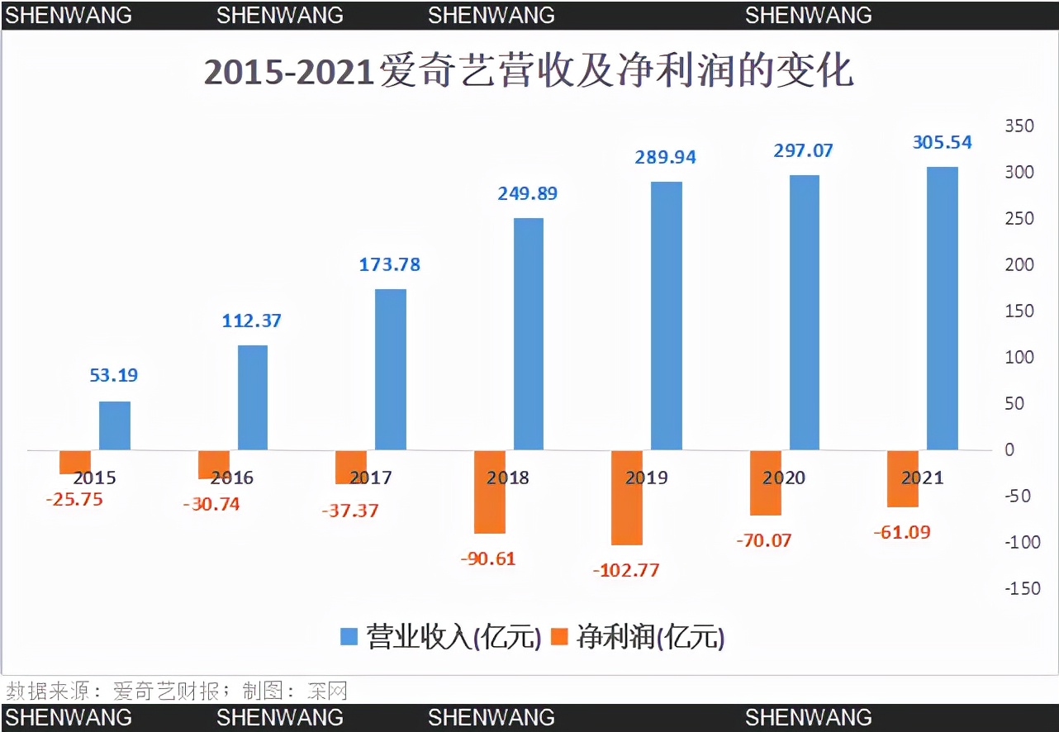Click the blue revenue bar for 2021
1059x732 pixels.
(942, 309)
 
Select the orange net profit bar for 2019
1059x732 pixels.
(626, 498)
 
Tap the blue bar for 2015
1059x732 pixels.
(115, 425)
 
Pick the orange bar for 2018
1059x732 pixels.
(489, 492)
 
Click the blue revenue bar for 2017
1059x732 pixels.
(391, 369)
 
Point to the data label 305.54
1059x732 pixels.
(942, 142)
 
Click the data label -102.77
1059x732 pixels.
(626, 570)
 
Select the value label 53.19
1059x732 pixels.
(114, 375)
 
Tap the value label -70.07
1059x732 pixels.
(763, 540)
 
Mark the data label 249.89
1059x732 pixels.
(527, 193)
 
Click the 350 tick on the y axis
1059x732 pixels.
(1019, 126)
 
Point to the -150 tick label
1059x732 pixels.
(1022, 588)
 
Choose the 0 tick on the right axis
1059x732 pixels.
(1009, 449)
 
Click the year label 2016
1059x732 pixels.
(232, 478)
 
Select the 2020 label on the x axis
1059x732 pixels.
(784, 478)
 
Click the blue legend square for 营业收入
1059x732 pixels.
(349, 637)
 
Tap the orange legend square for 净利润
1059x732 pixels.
(562, 637)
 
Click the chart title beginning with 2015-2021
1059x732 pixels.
(529, 72)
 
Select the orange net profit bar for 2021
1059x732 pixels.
(902, 479)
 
